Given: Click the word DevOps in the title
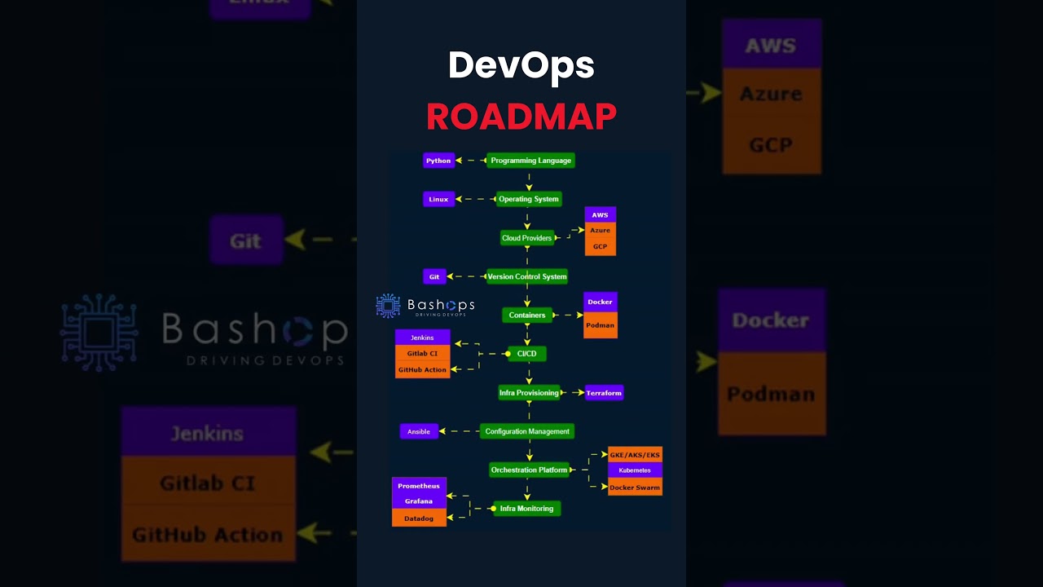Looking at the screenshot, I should [521, 66].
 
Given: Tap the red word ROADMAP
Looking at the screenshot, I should [521, 117].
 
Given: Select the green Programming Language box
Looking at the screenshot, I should [530, 161].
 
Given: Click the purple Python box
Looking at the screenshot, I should [438, 161].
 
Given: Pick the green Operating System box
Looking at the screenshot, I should [529, 199].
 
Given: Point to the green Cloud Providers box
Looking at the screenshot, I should [527, 238].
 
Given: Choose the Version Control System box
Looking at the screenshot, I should [527, 276].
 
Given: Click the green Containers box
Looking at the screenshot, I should [527, 316].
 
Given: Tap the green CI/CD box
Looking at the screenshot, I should [527, 354].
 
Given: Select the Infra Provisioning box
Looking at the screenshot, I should [529, 393].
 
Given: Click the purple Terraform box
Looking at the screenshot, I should [604, 393].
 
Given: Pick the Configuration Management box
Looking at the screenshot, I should [527, 431].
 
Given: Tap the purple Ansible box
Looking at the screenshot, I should [419, 431].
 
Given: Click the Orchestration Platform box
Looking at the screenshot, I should [529, 470].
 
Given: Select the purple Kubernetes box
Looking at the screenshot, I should [635, 470].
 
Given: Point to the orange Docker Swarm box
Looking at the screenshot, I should [635, 488].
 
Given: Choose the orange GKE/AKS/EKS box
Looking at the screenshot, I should [635, 454].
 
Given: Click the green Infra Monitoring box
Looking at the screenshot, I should [527, 509].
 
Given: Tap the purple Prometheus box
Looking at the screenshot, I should [419, 486].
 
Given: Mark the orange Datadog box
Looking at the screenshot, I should [419, 519].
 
